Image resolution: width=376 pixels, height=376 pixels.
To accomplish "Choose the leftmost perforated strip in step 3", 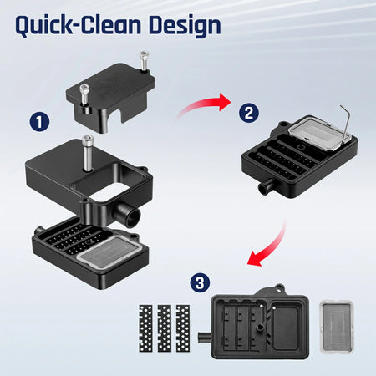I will point(144,328).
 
